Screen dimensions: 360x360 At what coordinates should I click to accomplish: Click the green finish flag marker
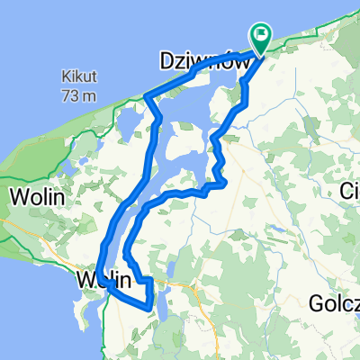click(262, 38)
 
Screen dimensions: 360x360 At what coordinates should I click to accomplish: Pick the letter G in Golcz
click(315, 301)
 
